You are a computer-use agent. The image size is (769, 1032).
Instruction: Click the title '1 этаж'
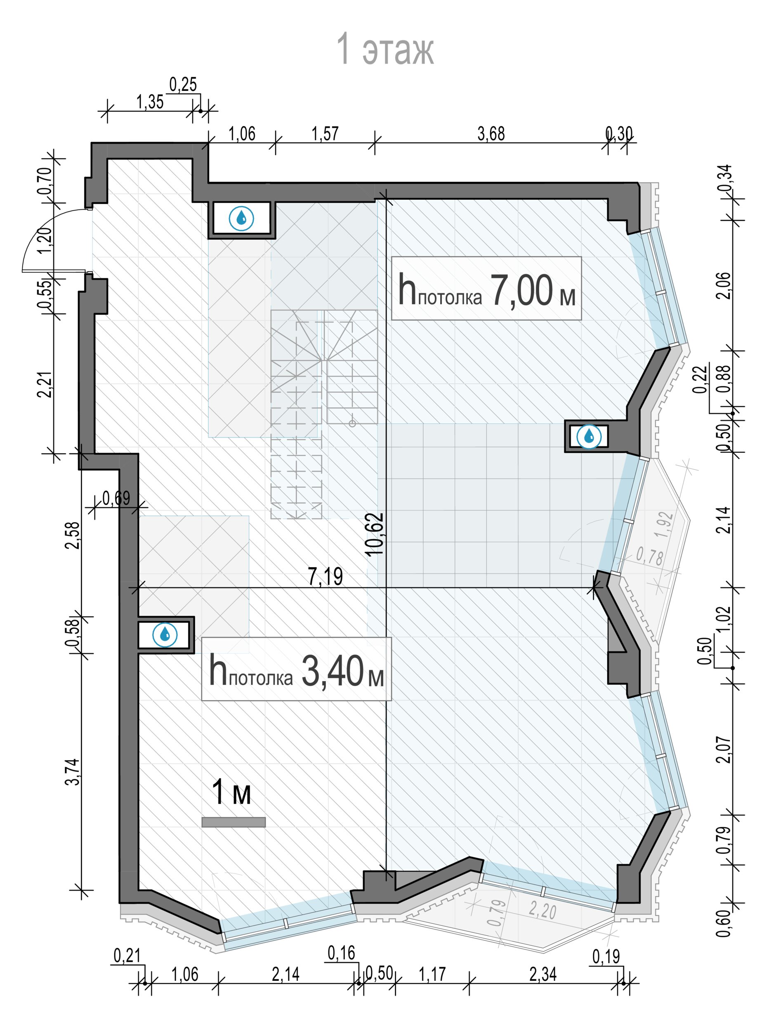pos(385,49)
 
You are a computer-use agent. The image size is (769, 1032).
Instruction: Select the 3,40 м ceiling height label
pos(297,671)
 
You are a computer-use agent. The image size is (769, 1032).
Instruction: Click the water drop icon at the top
pos(241,218)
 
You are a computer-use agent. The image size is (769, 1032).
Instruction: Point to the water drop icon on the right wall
pos(589,436)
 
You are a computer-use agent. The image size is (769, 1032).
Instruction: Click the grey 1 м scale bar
pos(234,822)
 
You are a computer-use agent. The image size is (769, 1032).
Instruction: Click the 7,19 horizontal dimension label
pos(326,577)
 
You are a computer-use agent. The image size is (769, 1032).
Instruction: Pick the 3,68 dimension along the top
pos(491,134)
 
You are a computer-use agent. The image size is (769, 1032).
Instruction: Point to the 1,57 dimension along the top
pos(325,134)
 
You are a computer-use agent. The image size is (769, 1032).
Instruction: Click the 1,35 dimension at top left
pos(150,102)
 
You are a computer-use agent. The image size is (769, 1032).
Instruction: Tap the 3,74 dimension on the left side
pos(73,772)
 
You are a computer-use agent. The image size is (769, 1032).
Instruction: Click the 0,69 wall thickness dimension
pos(116,498)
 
